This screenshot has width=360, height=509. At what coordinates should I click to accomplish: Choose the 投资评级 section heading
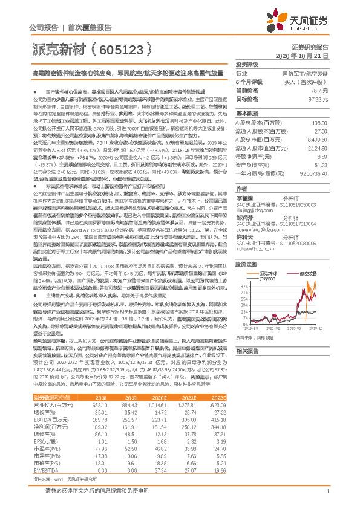click(247, 64)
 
